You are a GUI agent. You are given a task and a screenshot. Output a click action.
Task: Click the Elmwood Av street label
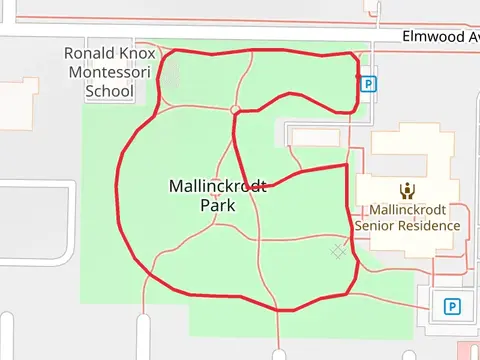pyautogui.click(x=440, y=36)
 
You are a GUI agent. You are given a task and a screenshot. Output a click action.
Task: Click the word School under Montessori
pyautogui.click(x=110, y=91)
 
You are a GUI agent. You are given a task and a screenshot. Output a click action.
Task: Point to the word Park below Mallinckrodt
pyautogui.click(x=217, y=205)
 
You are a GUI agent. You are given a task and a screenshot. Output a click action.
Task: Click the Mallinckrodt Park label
pyautogui.click(x=217, y=195)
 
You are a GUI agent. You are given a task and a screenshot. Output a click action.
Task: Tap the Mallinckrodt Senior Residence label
pyautogui.click(x=408, y=217)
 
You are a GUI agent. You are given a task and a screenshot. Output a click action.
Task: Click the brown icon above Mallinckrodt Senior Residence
pyautogui.click(x=407, y=191)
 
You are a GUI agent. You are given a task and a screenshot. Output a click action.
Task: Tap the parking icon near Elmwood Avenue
pyautogui.click(x=369, y=85)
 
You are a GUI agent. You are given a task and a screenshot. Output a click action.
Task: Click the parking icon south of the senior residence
pyautogui.click(x=452, y=306)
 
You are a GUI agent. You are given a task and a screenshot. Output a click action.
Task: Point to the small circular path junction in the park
pyautogui.click(x=234, y=109)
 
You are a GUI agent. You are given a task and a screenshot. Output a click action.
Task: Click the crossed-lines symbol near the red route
pyautogui.click(x=339, y=252)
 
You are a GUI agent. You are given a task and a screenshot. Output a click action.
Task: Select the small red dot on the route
pyautogui.click(x=357, y=76)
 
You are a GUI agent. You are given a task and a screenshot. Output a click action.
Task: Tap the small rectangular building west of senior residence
pyautogui.click(x=314, y=137)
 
